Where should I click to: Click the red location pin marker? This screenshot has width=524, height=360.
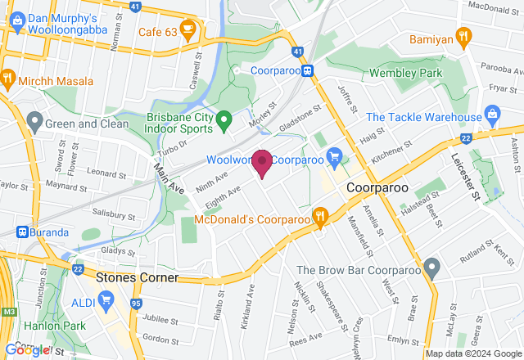pos(262,162)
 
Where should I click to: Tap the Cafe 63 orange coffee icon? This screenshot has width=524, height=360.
pos(188,32)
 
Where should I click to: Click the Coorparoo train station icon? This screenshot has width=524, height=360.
pos(308,70)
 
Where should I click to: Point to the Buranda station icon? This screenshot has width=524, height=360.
pos(22,232)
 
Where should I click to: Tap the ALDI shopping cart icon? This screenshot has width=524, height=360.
pos(106,300)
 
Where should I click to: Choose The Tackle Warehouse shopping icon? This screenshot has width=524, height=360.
pos(491,112)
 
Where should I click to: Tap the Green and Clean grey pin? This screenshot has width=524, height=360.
pos(34,123)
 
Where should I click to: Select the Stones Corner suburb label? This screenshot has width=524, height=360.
pos(137,277)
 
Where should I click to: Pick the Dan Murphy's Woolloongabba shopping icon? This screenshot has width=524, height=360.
pos(14,23)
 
